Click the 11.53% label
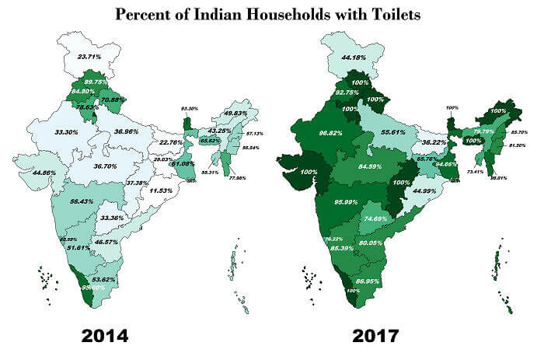[162, 190]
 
